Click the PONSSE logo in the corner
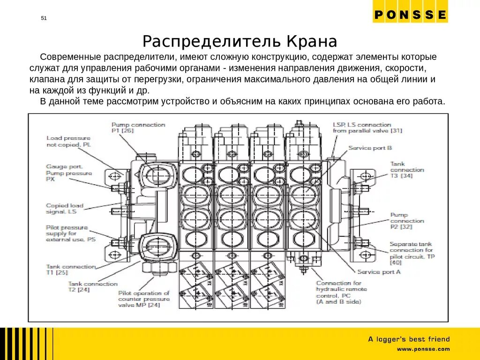pos(410,15)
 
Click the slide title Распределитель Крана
pos(240,41)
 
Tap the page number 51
pos(44,18)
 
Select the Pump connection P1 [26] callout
pos(138,128)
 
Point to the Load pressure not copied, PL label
pos(68,142)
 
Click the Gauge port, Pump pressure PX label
pos(69,172)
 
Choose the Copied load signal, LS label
pos(65,209)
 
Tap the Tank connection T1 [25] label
pos(71,269)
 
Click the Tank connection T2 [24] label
pos(93,287)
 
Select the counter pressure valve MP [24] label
pos(143,299)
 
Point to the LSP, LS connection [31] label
pos(362,127)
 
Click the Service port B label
pos(370,148)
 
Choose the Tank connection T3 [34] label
pos(407,170)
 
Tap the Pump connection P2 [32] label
pos(407,220)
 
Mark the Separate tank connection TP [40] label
pos(411,253)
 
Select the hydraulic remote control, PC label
pos(341,292)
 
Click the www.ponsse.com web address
pos(423,349)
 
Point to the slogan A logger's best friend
pos(409,339)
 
